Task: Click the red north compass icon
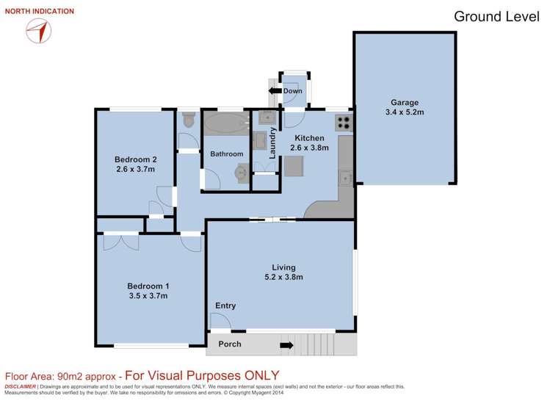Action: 38,30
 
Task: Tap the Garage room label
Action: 404,103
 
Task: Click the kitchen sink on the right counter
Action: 344,176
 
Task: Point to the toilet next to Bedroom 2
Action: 188,119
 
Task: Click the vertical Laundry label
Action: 272,143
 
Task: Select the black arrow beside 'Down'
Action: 275,91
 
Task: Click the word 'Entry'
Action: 225,306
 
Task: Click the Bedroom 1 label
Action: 148,286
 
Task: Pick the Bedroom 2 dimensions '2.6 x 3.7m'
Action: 136,169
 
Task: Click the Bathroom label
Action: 226,154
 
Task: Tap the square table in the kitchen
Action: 294,167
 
